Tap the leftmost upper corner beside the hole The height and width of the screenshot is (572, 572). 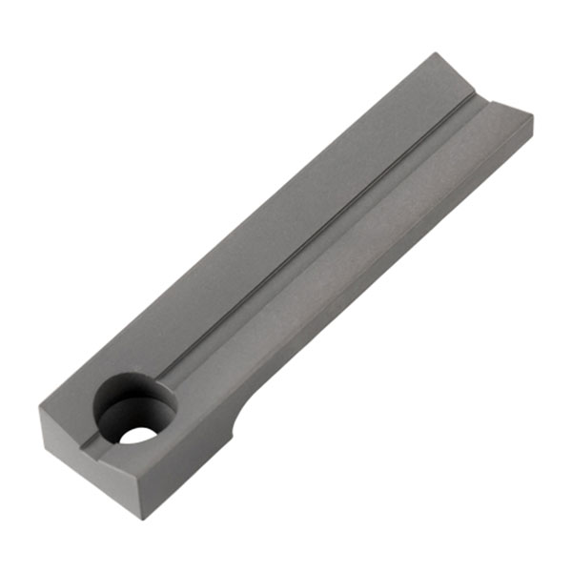click(x=40, y=409)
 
